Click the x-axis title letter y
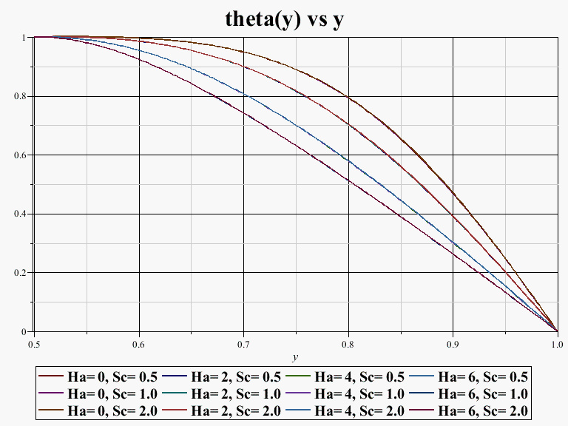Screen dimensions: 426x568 click(294, 356)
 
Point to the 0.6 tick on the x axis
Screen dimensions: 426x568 click(138, 344)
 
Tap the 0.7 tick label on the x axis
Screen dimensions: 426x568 click(243, 344)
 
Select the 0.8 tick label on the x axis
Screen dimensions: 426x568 click(348, 344)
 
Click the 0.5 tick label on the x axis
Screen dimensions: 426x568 click(34, 344)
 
